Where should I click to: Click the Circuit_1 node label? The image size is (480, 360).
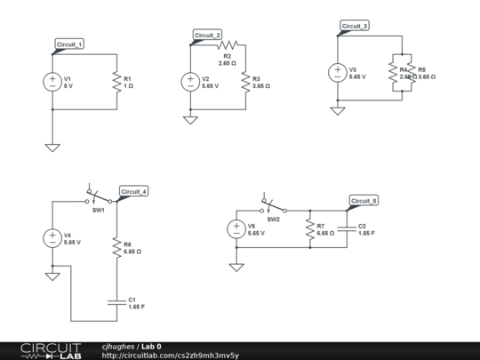[x=69, y=44]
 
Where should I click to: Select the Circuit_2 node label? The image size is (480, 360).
[x=207, y=36]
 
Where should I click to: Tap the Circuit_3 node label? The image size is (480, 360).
[x=354, y=27]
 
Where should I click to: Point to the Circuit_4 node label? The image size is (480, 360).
[x=134, y=192]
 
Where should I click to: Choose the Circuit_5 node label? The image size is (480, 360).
[x=364, y=201]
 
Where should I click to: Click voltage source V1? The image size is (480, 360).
[x=52, y=82]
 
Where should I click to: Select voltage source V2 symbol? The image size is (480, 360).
[x=190, y=82]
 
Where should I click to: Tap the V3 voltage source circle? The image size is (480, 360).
[x=337, y=73]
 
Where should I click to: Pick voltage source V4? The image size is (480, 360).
[x=52, y=237]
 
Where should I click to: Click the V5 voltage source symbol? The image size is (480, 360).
[x=236, y=228]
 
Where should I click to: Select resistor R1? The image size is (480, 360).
[x=116, y=82]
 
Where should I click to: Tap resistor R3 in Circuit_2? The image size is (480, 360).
[x=245, y=82]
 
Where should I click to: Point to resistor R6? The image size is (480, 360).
[x=116, y=247]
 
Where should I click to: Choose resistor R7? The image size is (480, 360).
[x=309, y=229]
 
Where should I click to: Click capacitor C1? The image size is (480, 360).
[x=116, y=301]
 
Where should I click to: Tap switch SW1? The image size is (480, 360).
[x=98, y=197]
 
